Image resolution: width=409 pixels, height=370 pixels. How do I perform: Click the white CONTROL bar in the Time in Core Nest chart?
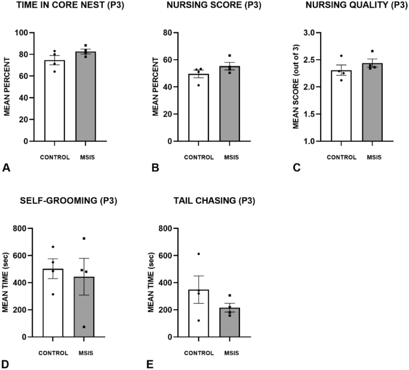[54, 102]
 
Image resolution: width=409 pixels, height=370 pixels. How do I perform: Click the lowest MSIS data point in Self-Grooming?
[84, 327]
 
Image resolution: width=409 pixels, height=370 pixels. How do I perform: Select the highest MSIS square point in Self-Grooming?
[84, 238]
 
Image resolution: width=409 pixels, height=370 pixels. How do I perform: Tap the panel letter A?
[7, 169]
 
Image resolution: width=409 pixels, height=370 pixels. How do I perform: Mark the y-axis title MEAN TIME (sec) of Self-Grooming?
[6, 283]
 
